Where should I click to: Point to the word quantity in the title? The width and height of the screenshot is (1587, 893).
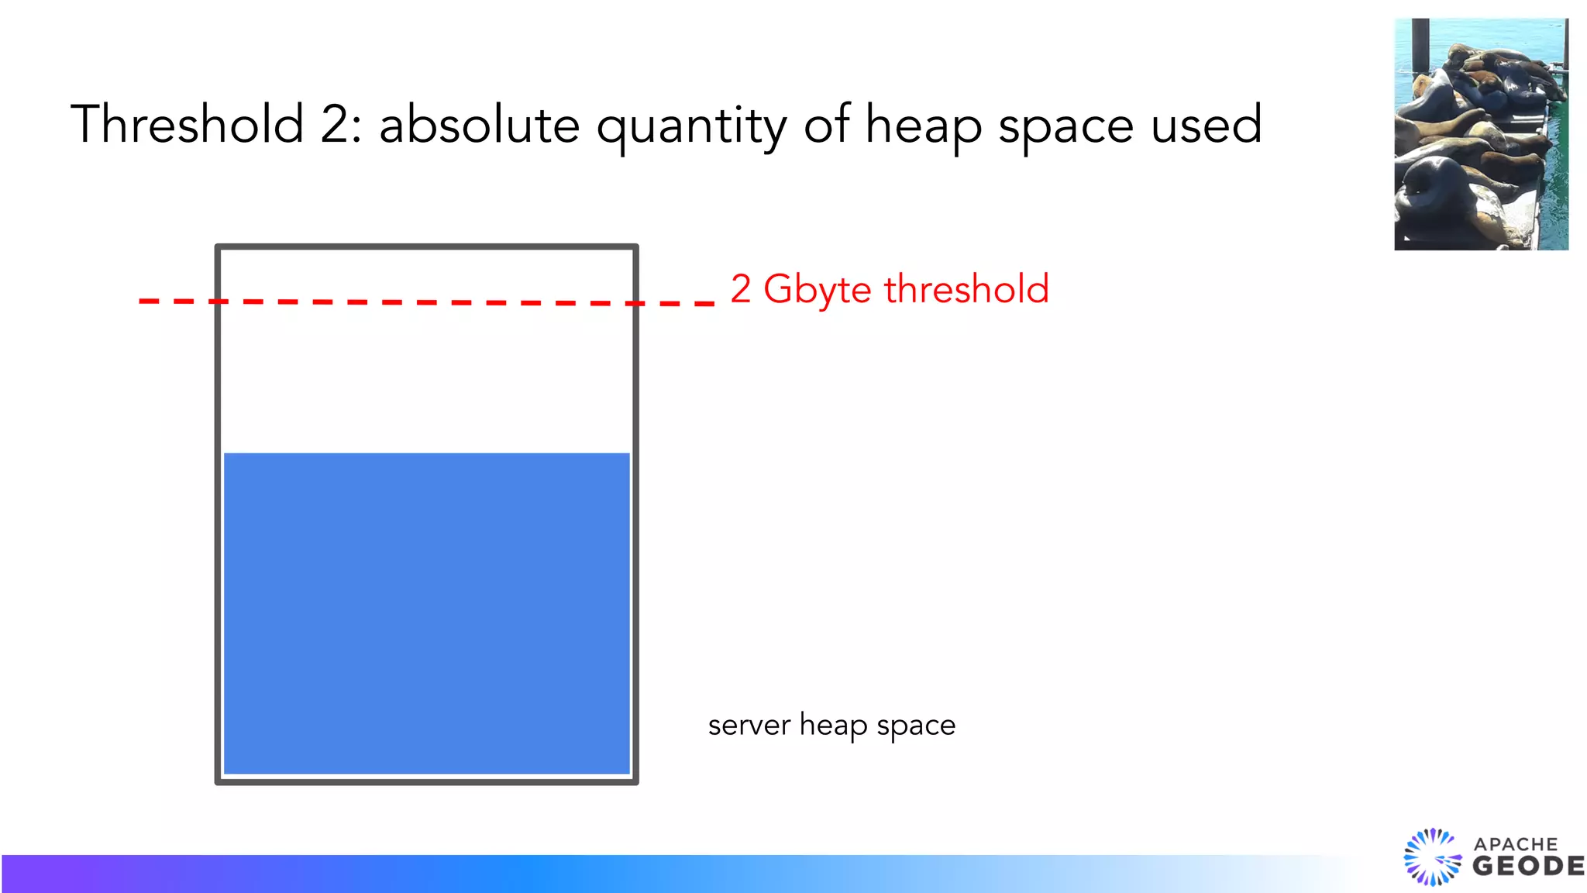pyautogui.click(x=691, y=128)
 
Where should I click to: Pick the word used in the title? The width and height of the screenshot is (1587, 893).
pyautogui.click(x=1207, y=126)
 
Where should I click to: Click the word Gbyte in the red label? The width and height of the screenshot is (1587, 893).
pyautogui.click(x=818, y=291)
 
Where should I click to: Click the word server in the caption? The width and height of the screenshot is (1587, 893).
pyautogui.click(x=749, y=726)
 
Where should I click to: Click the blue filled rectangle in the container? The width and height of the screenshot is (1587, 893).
pyautogui.click(x=426, y=612)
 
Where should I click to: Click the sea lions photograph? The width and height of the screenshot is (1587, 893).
pyautogui.click(x=1481, y=134)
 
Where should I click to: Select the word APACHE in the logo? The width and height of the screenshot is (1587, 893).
pyautogui.click(x=1516, y=844)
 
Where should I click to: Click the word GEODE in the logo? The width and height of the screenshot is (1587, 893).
pyautogui.click(x=1528, y=867)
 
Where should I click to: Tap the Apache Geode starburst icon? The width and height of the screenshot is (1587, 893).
pyautogui.click(x=1432, y=857)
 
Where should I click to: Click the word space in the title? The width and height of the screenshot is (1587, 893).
pyautogui.click(x=1065, y=128)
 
